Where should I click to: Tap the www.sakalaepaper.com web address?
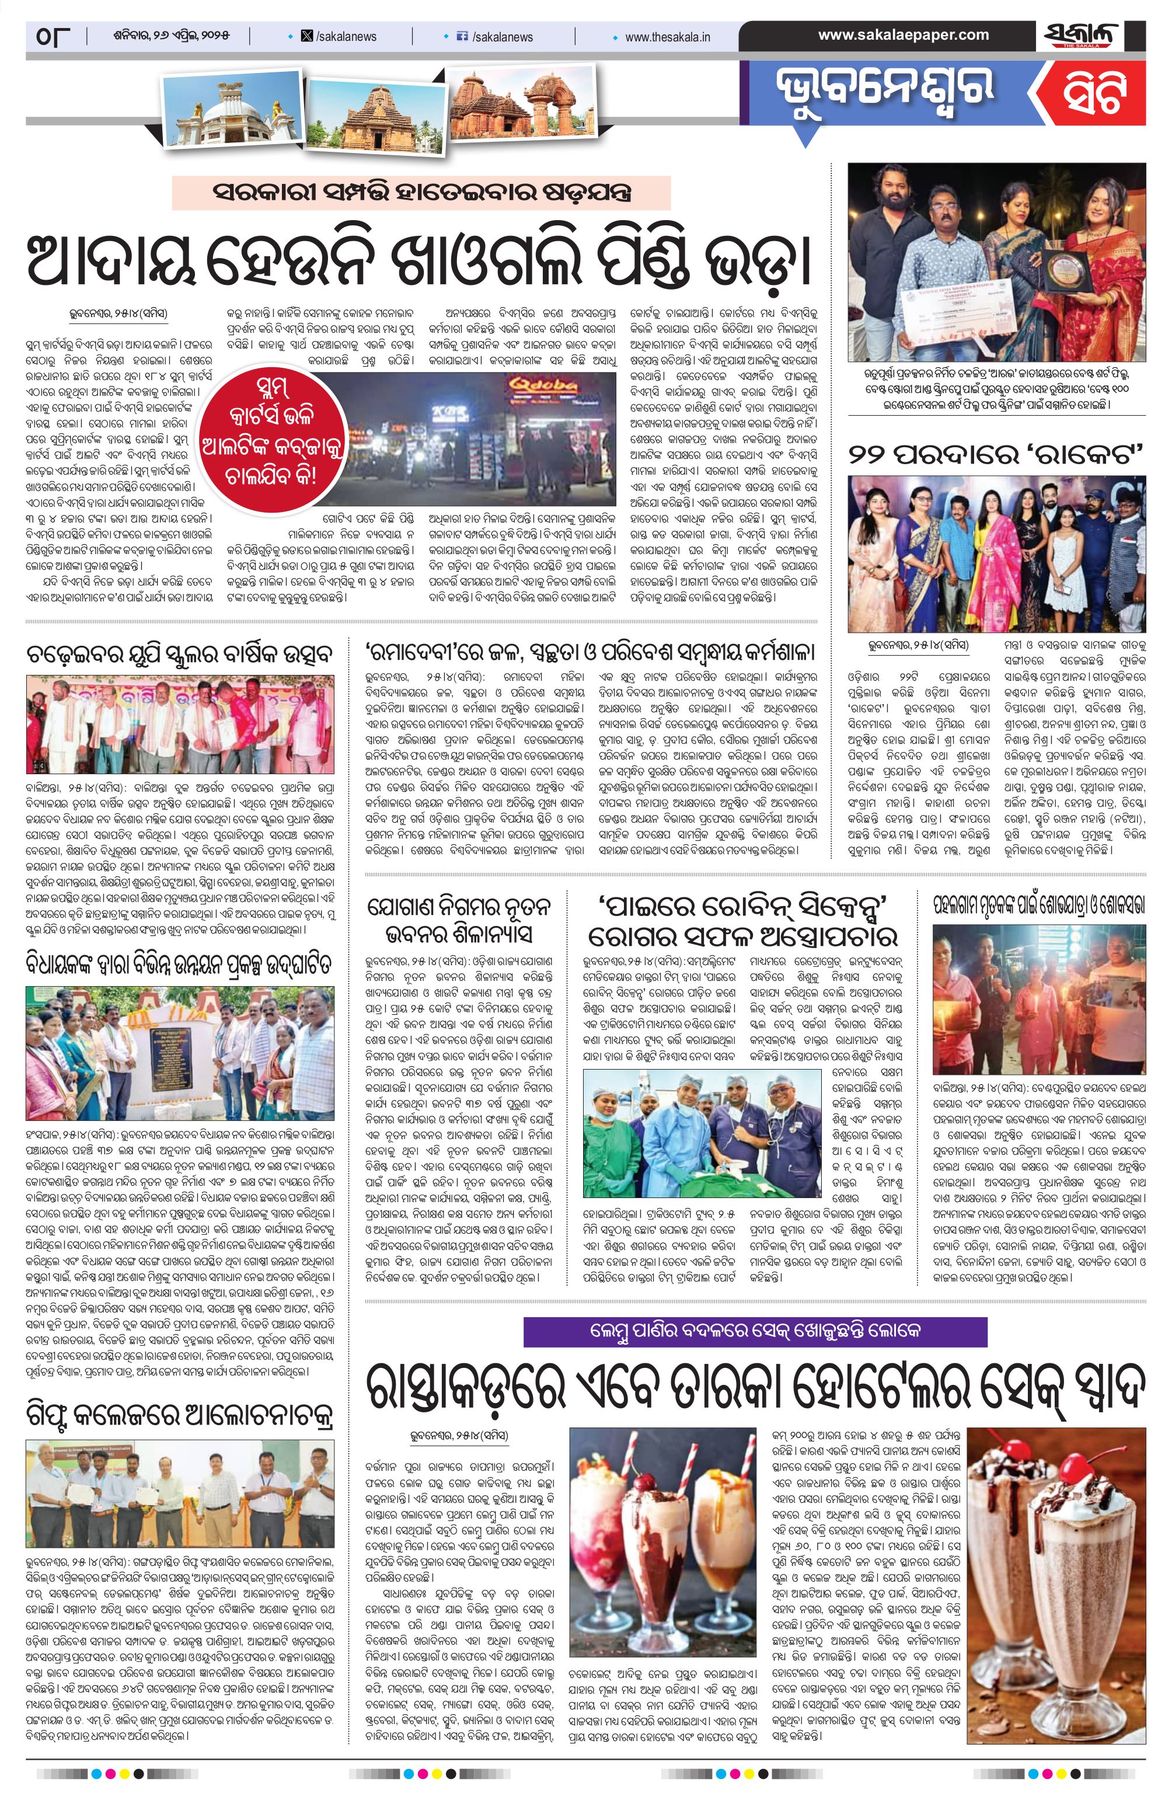(903, 35)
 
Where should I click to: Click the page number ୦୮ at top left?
(52, 36)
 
